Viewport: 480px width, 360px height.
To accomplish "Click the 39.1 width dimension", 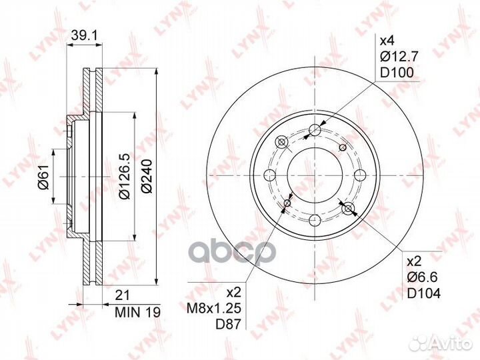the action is coord(84,36).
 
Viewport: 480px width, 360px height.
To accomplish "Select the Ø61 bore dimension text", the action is coord(43,177).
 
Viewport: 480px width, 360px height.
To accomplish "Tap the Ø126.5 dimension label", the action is coord(125,177).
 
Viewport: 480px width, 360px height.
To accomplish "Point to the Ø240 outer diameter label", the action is coord(147,176).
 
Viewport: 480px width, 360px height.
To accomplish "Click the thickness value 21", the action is coord(122,295).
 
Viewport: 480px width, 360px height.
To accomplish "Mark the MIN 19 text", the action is coord(137,312).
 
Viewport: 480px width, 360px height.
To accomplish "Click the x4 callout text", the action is coord(387,41).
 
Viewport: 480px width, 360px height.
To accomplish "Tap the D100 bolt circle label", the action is coord(397,73).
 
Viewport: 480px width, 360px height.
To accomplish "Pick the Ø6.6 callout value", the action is coord(422,277).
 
